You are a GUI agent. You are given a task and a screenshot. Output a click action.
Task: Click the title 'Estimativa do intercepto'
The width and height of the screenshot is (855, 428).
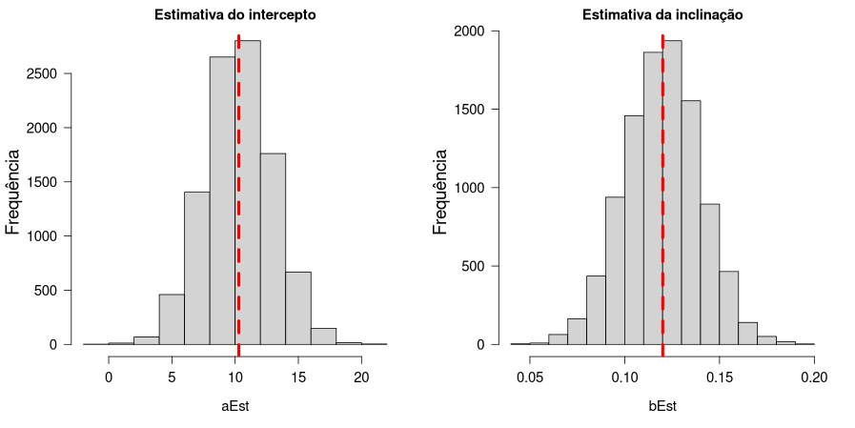(x=235, y=15)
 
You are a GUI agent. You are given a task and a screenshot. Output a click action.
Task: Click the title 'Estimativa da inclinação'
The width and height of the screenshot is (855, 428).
(x=662, y=15)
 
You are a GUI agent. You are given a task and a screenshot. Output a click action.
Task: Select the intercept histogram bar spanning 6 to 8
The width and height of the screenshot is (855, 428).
(x=197, y=267)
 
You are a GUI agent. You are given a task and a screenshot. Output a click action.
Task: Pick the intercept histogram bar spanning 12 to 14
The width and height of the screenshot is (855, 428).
(x=273, y=248)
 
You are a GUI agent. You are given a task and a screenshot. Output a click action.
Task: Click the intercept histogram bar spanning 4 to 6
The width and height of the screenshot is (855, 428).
(x=172, y=319)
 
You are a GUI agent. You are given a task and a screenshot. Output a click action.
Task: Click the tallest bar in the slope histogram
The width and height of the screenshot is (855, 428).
(x=672, y=191)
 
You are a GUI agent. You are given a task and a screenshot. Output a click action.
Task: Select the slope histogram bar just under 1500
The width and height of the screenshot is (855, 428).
(x=634, y=229)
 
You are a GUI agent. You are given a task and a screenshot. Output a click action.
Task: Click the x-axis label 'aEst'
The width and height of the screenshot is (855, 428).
(x=235, y=406)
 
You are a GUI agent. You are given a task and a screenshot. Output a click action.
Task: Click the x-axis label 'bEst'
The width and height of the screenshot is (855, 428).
(x=662, y=406)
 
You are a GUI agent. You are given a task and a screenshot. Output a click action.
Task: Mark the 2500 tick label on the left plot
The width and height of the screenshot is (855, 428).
(x=44, y=73)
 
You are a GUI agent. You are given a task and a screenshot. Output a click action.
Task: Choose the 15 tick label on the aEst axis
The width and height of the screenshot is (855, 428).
(x=298, y=377)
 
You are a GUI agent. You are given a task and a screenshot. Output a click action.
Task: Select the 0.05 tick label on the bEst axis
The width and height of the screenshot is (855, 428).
(x=530, y=377)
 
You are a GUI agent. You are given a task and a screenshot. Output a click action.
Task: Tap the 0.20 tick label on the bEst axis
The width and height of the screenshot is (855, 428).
(x=814, y=377)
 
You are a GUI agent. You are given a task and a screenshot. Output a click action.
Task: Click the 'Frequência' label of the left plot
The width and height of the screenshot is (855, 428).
(x=13, y=190)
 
